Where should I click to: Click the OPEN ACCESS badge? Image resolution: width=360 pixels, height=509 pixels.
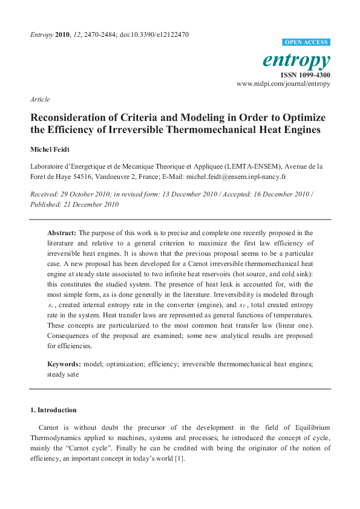point(306,42)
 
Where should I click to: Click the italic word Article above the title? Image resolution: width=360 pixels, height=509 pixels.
point(39,99)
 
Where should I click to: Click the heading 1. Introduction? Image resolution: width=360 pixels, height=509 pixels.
point(53,410)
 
